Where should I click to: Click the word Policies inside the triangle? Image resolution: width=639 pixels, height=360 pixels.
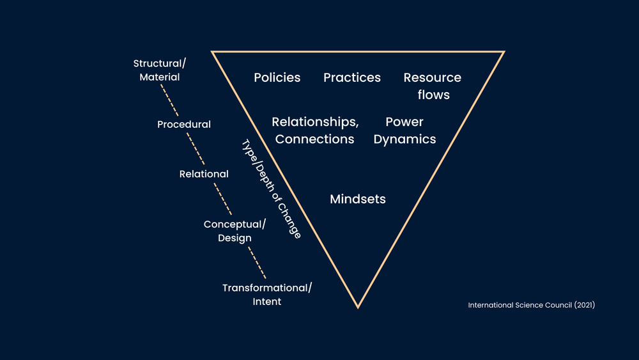pos(277,77)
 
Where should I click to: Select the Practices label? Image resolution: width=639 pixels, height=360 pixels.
pos(352,77)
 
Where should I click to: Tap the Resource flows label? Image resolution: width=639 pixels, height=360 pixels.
pos(433,86)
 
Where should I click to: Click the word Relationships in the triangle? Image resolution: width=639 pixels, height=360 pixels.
pos(315,121)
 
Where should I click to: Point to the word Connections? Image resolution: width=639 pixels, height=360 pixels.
pos(314,139)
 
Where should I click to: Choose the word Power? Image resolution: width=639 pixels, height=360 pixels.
pos(404,121)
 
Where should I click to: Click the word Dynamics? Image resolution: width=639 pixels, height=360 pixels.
pos(404,139)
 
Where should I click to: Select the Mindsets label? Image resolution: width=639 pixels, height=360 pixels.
pos(358,199)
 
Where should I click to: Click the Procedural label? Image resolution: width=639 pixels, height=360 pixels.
pos(184,124)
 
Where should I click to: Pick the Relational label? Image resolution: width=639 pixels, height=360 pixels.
pos(204,174)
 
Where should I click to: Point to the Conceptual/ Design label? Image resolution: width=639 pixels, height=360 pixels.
pos(235,231)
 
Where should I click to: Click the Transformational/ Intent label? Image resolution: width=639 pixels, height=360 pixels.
pos(267,294)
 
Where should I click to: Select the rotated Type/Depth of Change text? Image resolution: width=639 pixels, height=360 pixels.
pos(271,189)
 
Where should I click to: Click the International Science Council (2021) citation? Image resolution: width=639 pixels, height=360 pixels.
pos(532,305)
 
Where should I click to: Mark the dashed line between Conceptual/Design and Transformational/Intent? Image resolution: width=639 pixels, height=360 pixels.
pos(256,262)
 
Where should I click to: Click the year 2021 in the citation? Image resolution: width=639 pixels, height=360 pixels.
pos(584,305)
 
